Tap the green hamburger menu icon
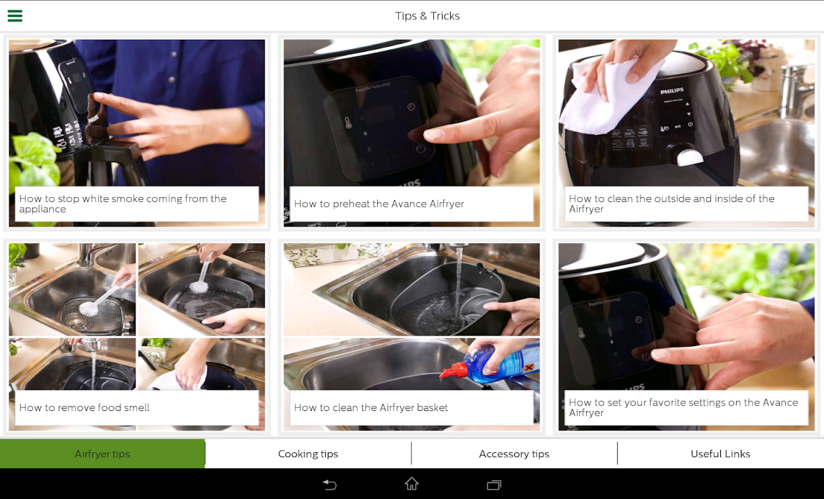15,16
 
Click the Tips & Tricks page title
427,16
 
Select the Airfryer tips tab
102,454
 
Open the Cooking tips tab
308,454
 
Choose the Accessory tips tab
514,454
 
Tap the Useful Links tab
720,454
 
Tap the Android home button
411,484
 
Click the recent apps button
494,485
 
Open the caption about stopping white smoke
123,203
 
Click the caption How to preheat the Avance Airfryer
379,203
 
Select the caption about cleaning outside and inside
671,203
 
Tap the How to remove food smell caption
84,407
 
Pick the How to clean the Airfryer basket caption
371,407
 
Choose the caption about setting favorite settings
683,407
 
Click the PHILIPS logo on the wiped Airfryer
672,90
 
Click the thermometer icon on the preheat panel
348,123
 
